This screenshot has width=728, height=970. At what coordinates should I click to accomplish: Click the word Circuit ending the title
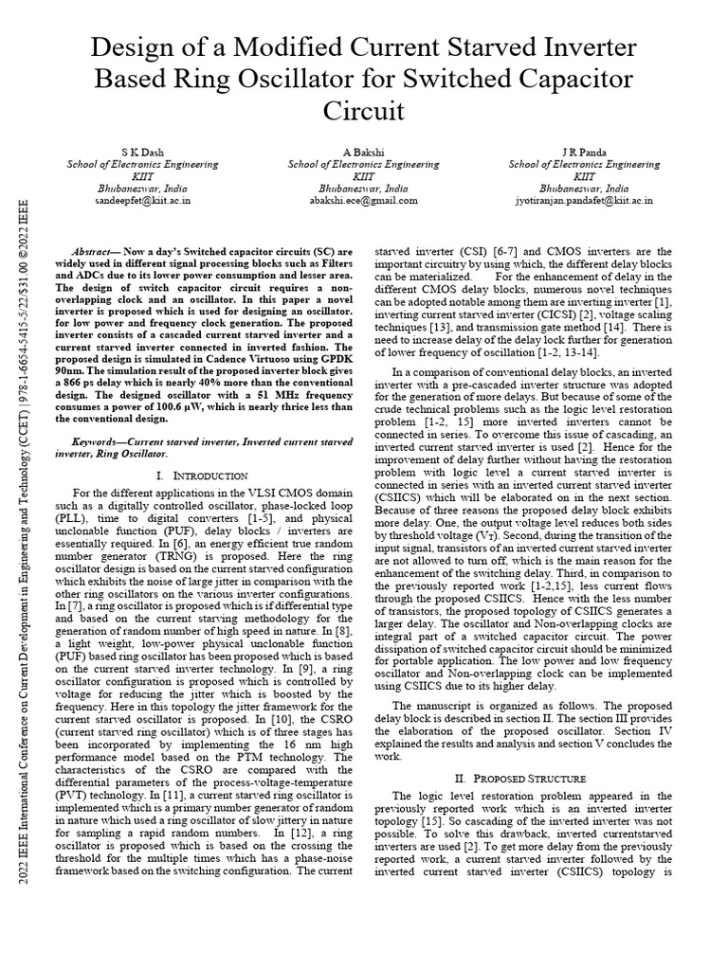point(363,112)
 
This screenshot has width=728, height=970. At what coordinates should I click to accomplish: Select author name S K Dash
point(143,152)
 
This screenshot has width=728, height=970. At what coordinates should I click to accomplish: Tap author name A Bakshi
point(363,152)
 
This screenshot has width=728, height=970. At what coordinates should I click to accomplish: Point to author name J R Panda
point(585,152)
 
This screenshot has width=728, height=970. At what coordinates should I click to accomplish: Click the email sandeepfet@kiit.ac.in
point(143,201)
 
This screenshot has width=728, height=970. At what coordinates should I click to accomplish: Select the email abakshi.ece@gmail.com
point(363,201)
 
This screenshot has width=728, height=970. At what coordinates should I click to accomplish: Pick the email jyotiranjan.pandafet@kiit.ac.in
point(585,201)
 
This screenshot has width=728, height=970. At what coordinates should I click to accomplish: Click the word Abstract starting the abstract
point(94,251)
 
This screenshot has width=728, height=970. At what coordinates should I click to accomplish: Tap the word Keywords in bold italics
point(101,441)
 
